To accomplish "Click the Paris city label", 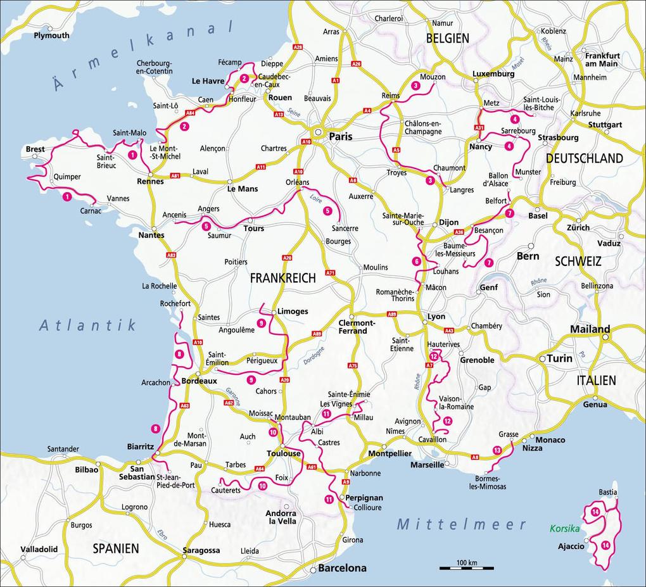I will pos(340,136).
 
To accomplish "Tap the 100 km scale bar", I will pos(466,567).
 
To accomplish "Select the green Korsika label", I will pos(565,527).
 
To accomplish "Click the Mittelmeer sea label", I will pos(462,524).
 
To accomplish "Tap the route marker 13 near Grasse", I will pos(497,450).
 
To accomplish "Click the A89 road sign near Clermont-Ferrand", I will pos(392,313).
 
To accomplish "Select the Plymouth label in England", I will pos(52,35).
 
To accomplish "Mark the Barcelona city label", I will pos(342,568).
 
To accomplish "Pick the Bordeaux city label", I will pos(199,381).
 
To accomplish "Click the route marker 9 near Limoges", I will pos(261,324).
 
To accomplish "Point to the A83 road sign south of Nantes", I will pos(171,255).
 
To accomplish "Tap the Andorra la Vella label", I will pos(281,517).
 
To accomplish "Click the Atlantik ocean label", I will pos(87,325).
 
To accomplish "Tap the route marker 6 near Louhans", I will pos(416,261).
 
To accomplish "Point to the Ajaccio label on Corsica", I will pos(571,546).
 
